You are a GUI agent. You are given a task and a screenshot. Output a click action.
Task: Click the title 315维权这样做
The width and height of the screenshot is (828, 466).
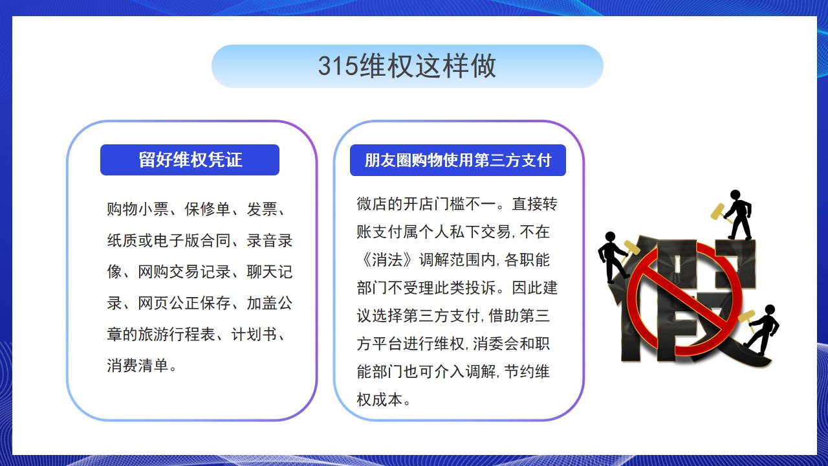click(x=407, y=66)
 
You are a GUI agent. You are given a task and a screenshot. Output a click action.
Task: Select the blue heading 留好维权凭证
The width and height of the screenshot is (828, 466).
click(x=190, y=160)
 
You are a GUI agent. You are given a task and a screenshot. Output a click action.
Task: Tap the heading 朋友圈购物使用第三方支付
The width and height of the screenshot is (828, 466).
click(x=458, y=160)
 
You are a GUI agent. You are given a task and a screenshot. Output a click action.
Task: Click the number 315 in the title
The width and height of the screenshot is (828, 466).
click(x=338, y=67)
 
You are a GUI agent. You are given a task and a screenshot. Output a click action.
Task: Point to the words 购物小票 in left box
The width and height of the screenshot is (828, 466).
click(x=138, y=209)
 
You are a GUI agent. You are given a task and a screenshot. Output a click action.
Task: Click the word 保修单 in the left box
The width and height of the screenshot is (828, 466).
click(x=208, y=209)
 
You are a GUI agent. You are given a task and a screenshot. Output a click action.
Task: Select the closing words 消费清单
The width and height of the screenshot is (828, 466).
click(x=138, y=366)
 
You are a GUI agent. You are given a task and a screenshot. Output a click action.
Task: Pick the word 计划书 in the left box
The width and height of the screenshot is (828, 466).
click(x=254, y=335)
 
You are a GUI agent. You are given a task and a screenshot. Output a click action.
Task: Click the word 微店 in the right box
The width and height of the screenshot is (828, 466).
click(x=372, y=204)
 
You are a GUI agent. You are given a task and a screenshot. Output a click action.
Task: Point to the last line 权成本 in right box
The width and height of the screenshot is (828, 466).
click(x=379, y=399)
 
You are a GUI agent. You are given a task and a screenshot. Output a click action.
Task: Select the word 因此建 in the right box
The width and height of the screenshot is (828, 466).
click(x=534, y=288)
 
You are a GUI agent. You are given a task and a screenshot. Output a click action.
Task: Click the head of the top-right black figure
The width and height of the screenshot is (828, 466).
click(x=735, y=195)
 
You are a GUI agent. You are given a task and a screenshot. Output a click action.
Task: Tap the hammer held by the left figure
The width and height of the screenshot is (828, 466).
click(x=630, y=249)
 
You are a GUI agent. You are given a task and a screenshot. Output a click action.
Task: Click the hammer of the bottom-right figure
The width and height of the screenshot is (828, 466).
click(x=747, y=319)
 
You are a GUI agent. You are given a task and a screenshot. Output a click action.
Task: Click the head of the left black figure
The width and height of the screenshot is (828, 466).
click(x=610, y=237)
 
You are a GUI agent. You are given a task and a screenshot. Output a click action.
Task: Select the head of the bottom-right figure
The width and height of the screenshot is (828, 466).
click(x=770, y=309)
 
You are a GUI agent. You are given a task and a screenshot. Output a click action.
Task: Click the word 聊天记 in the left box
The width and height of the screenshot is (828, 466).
click(x=270, y=272)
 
